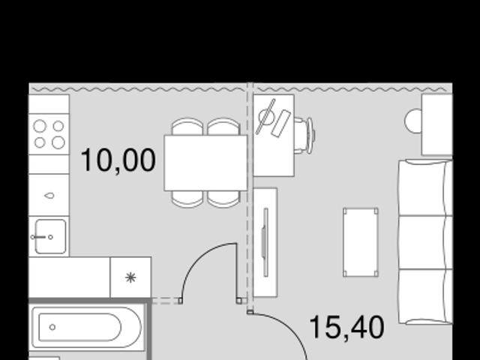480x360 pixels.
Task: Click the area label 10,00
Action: (x=118, y=160)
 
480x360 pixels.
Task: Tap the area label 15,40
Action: (x=346, y=328)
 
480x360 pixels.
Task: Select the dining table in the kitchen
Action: (x=205, y=163)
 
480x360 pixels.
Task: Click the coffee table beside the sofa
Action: (x=361, y=242)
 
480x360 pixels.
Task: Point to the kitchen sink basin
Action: (x=50, y=236)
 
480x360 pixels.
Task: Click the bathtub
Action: (x=87, y=327)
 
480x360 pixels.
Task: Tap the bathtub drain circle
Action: (x=52, y=327)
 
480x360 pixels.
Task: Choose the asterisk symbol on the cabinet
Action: (x=130, y=277)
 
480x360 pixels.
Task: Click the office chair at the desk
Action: (x=305, y=136)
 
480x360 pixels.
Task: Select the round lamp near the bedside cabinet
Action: (x=413, y=121)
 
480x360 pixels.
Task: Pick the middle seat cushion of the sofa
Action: (x=425, y=242)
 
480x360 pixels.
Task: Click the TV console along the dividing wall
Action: (x=265, y=242)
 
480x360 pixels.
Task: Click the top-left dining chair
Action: (x=187, y=127)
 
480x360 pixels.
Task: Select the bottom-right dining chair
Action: (x=223, y=199)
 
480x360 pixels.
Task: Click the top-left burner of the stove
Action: (x=40, y=126)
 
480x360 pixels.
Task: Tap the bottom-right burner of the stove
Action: (x=58, y=142)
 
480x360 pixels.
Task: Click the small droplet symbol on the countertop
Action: (x=49, y=195)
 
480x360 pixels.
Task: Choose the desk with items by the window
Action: (x=274, y=135)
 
